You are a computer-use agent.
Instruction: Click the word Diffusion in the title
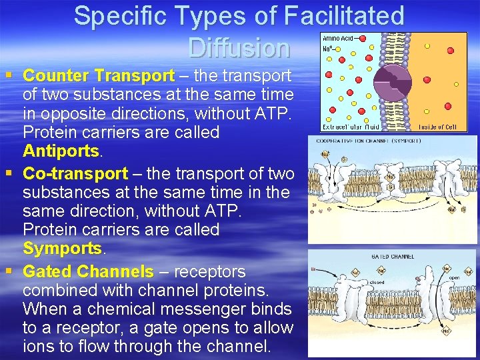[239, 48]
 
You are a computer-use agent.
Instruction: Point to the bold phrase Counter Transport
[99, 77]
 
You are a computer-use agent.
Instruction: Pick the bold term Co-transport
[75, 174]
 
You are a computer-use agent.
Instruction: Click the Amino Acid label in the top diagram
[339, 39]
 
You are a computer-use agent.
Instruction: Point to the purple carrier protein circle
[396, 81]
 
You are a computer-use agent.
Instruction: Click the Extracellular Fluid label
[351, 127]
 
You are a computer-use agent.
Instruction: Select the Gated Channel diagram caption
[393, 256]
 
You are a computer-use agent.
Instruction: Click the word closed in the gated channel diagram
[377, 282]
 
